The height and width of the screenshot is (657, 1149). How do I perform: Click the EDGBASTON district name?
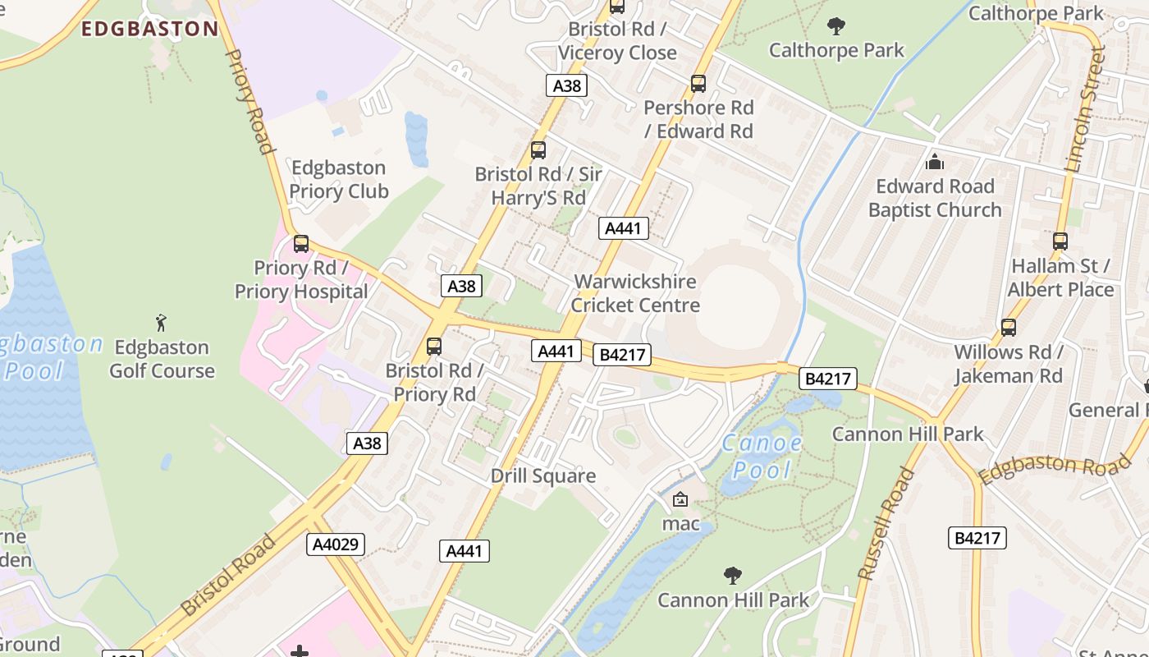pos(150,30)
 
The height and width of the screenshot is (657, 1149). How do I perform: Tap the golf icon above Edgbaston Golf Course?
pos(162,322)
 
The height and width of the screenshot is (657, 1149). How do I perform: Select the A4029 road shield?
pos(336,544)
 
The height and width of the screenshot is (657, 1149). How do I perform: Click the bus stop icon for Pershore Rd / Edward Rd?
pos(698,84)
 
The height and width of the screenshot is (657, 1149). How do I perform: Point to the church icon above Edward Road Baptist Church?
pos(934,162)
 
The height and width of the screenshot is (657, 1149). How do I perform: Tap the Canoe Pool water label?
pos(762,457)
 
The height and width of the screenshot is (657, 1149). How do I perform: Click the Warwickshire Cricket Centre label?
pos(635,293)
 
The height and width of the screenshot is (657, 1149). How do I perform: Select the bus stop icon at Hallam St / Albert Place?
pos(1060,241)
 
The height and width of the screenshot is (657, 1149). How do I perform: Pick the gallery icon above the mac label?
pos(680,499)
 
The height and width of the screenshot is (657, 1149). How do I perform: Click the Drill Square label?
pos(542,476)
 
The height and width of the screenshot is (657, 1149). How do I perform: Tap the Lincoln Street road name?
pos(1085,108)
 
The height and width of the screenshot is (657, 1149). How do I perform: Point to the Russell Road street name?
pos(886,523)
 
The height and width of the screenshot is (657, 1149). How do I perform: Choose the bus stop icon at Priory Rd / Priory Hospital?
pos(301,244)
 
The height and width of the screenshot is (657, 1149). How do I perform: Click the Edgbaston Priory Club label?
pos(338,180)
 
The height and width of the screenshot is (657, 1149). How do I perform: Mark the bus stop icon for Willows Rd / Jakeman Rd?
pos(1009,327)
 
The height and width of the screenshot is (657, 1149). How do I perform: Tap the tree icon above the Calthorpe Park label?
pos(836,27)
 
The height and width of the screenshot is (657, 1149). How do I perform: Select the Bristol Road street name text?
pos(228,575)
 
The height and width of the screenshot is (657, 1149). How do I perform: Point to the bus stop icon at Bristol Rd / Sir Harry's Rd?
pos(538,150)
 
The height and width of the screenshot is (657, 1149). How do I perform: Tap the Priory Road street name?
pos(248,102)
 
